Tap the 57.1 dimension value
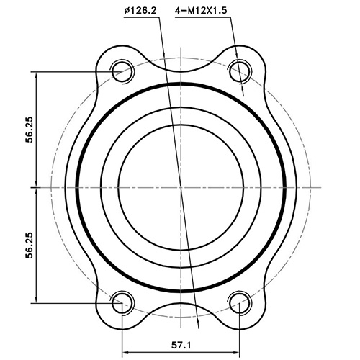click(x=181, y=344)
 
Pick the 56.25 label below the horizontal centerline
click(x=29, y=244)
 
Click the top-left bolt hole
click(x=122, y=71)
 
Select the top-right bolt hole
click(x=240, y=71)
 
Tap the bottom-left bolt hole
click(x=122, y=301)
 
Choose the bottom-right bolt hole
click(x=240, y=301)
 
